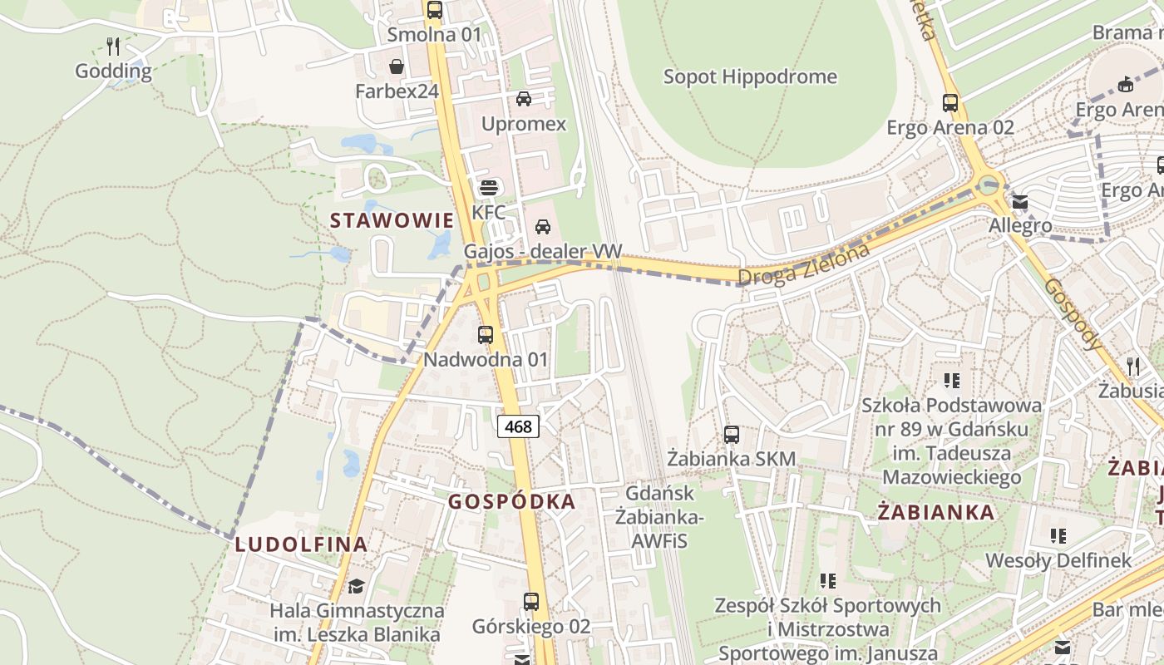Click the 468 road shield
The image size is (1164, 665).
[x=518, y=427]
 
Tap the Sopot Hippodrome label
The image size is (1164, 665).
[x=750, y=77]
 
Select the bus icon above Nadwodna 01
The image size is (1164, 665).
[x=486, y=335]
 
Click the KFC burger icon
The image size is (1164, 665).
[x=488, y=188]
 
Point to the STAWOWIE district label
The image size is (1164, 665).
[x=392, y=220]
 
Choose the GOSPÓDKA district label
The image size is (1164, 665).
[x=512, y=501]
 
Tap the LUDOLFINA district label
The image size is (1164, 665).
[x=301, y=544]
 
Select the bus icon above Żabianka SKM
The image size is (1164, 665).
[x=732, y=434]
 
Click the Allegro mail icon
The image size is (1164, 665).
[x=1020, y=201]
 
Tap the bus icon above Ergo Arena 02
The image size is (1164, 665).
[x=950, y=103]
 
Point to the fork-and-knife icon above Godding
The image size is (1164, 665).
[x=114, y=47]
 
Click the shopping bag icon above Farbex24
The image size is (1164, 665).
[x=397, y=66]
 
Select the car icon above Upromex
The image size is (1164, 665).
[x=524, y=99]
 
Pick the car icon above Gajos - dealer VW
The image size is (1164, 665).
[x=543, y=226]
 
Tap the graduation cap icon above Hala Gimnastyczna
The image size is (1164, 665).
[x=357, y=586]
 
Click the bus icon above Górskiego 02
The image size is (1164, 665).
[x=531, y=601]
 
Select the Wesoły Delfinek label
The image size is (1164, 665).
[x=1058, y=560]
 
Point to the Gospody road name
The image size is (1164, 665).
[x=1073, y=313]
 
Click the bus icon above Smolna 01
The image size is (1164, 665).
[x=435, y=10]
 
